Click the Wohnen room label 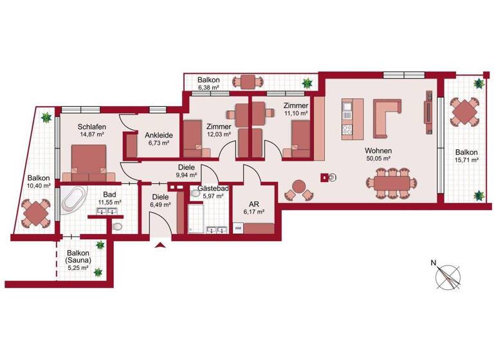(x=380, y=152)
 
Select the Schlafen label (x=92, y=127)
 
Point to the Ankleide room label (x=157, y=135)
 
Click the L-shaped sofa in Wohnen (x=387, y=118)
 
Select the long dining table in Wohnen (x=391, y=182)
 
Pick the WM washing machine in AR (x=238, y=228)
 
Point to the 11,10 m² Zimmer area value (x=296, y=113)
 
